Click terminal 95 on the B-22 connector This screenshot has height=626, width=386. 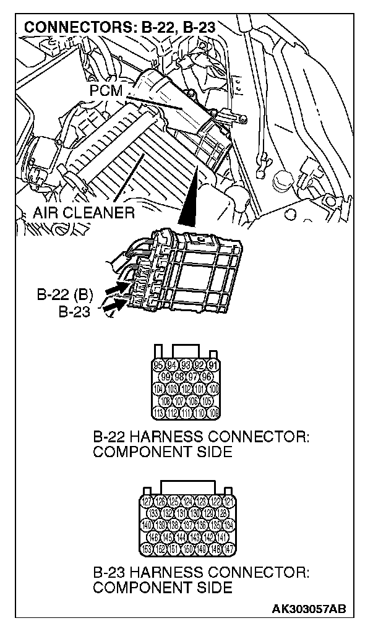[157, 365]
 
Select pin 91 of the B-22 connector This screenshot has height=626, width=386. [213, 365]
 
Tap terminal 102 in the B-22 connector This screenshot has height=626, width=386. [186, 389]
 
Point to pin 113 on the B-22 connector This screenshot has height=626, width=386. [157, 413]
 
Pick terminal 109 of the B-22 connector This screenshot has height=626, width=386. [213, 413]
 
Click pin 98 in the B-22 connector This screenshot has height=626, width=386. [179, 377]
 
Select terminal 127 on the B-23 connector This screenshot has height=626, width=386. [147, 501]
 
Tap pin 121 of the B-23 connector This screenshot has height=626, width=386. [228, 501]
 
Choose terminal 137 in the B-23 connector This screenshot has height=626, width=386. [188, 525]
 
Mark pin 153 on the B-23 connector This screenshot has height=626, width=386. [147, 549]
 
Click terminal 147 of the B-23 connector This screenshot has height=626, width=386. [228, 549]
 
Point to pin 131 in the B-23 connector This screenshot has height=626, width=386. [181, 513]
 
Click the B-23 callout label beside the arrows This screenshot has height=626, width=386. [74, 311]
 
